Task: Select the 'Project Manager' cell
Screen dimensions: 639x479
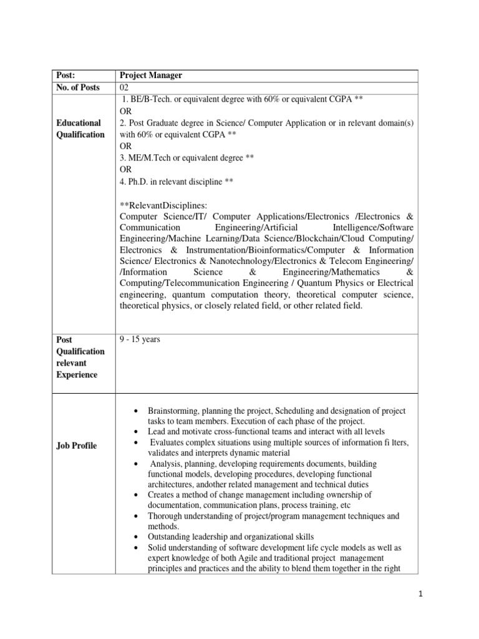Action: pyautogui.click(x=151, y=76)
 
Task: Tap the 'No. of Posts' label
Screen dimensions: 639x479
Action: pyautogui.click(x=78, y=87)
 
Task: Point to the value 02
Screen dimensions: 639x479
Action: pyautogui.click(x=124, y=87)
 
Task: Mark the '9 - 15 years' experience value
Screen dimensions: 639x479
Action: pyautogui.click(x=140, y=340)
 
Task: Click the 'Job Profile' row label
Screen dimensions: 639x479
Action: pyautogui.click(x=77, y=446)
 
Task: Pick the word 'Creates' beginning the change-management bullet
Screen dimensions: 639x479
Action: pyautogui.click(x=162, y=495)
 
